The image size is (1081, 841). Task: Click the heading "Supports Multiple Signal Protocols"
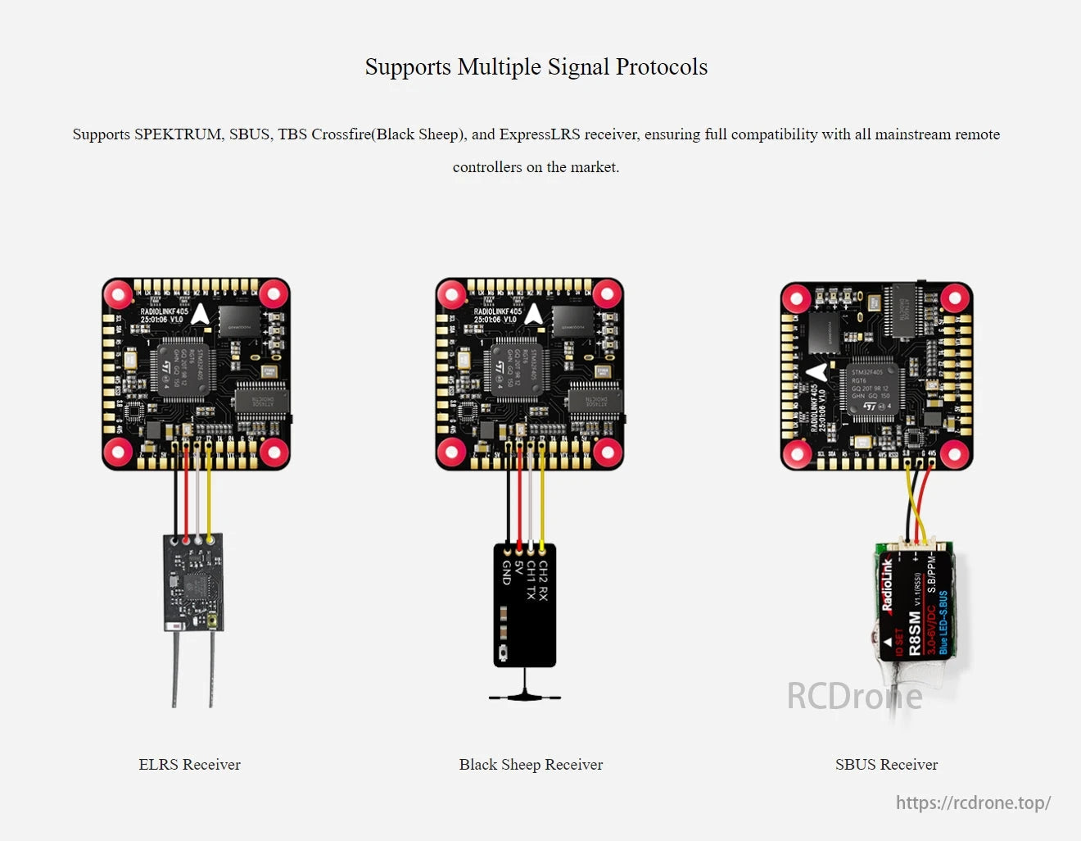tap(536, 67)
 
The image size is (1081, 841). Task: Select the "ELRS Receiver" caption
tap(189, 765)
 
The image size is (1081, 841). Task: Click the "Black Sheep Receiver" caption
tap(531, 765)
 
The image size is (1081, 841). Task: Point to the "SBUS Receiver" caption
tap(886, 765)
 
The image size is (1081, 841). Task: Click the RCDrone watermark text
tap(854, 697)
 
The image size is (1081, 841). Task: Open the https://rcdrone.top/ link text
tap(973, 802)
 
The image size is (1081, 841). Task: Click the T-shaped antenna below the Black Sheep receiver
tap(524, 695)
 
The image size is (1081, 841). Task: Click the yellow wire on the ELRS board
tap(209, 500)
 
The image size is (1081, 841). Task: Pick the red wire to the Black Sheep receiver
tap(519, 500)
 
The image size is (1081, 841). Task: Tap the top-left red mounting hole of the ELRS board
tap(119, 293)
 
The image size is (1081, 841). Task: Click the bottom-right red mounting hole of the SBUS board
tap(955, 452)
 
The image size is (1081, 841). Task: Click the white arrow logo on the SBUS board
tap(816, 373)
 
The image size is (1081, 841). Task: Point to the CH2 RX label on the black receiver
tap(543, 581)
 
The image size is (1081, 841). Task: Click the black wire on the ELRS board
tap(175, 500)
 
